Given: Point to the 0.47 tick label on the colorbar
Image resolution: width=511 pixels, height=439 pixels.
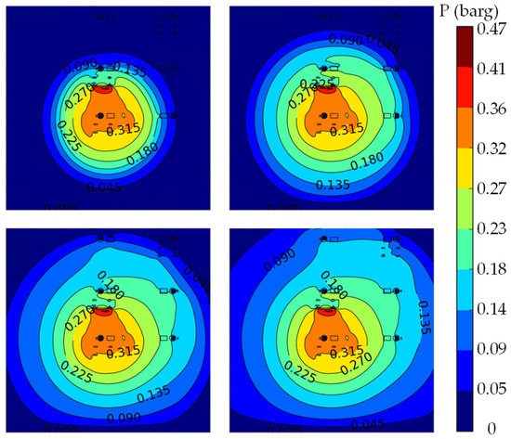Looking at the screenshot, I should point(491,30).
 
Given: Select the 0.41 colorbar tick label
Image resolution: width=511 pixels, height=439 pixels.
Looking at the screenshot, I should point(491,68).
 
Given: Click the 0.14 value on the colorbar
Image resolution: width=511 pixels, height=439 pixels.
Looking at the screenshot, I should point(491,302).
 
